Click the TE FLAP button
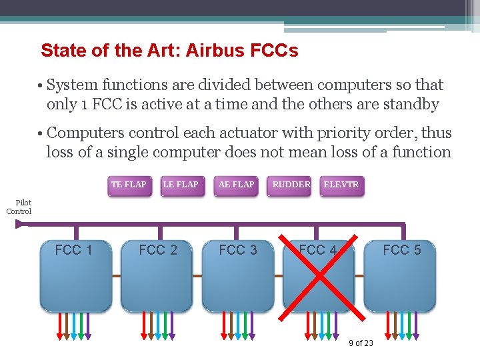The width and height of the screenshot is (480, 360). coord(129,185)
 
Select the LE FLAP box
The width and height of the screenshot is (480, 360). coord(181,185)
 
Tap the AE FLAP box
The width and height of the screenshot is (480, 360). coord(236,185)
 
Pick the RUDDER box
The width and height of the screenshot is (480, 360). coord(291,185)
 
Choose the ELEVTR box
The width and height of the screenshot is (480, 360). coord(341,185)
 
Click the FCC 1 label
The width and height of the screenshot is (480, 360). coord(73,250)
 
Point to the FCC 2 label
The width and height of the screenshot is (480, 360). coord(158,250)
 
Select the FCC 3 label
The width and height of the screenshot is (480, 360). coord(238,250)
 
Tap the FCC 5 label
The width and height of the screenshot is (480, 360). coord(402,250)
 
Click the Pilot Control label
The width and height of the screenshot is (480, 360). coord(19,207)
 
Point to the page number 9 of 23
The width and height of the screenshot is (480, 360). coord(361,343)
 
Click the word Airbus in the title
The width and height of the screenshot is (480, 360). coord(214,50)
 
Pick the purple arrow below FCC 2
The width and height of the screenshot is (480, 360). coord(172,327)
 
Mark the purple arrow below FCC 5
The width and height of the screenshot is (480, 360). coord(416,327)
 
